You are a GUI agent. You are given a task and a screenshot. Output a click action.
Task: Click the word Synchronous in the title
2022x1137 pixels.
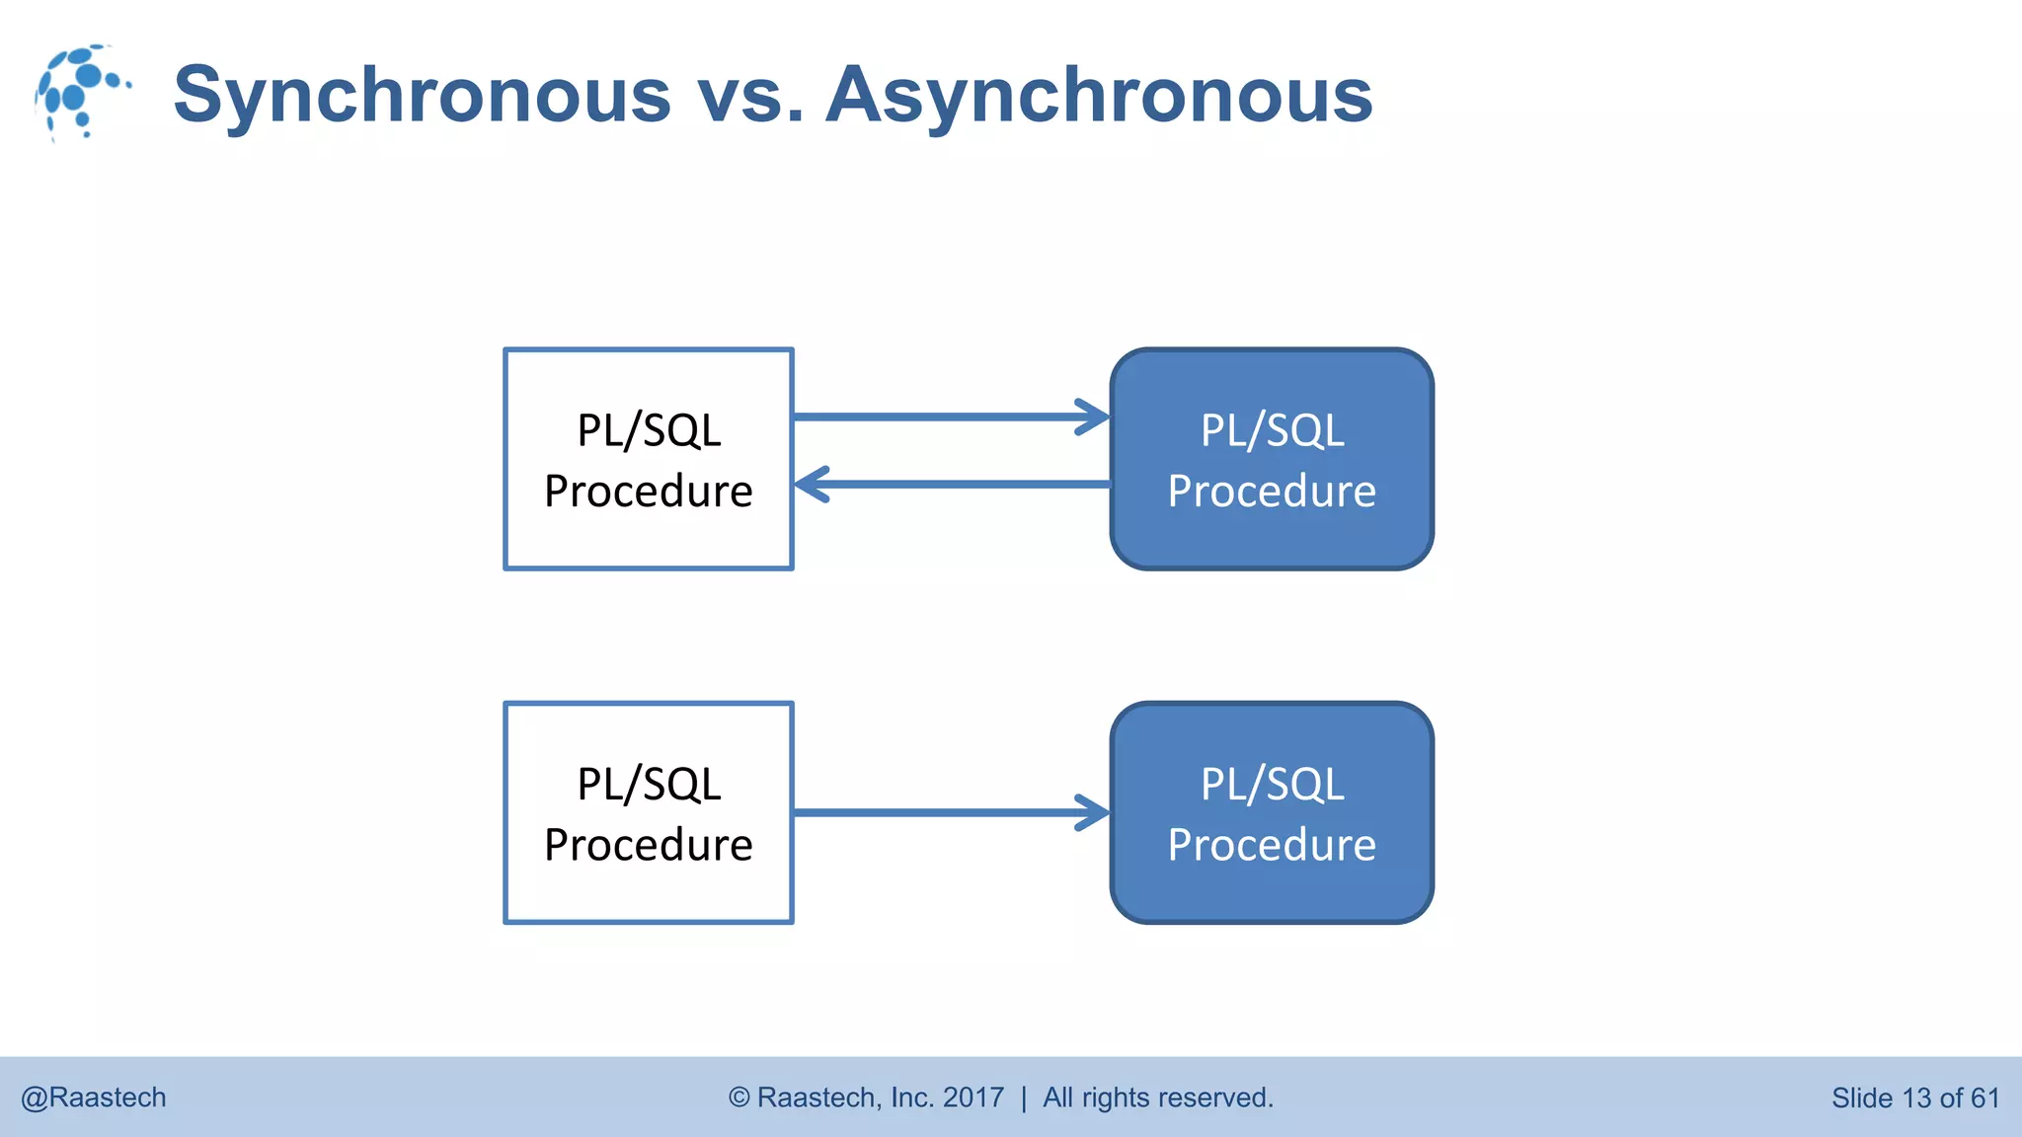(423, 95)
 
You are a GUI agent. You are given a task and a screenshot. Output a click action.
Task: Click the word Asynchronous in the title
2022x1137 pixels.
(1099, 95)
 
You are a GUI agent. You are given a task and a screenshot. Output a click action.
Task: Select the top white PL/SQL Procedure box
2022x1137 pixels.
(649, 459)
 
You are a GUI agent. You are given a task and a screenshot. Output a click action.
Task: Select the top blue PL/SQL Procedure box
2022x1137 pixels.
(1272, 459)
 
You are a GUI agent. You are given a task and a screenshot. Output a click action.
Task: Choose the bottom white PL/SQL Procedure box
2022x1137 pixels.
(649, 813)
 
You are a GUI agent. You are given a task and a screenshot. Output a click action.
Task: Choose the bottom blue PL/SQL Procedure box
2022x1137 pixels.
(1272, 813)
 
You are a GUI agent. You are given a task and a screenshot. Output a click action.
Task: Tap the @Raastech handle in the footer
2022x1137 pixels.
(94, 1098)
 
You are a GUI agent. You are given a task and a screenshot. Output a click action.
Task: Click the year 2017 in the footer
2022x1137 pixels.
(972, 1098)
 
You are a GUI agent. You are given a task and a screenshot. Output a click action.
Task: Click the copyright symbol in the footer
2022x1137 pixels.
(739, 1098)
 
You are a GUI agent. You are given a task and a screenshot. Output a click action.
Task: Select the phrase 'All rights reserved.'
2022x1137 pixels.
(1158, 1098)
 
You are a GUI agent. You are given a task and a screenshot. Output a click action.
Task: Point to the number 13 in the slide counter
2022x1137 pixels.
(1916, 1098)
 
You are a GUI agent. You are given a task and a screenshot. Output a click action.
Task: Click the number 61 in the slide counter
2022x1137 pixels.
(1984, 1098)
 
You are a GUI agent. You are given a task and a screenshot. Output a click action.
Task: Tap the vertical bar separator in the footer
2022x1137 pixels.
(1024, 1098)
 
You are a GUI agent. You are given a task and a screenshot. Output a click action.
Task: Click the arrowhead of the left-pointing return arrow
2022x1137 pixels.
(812, 485)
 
